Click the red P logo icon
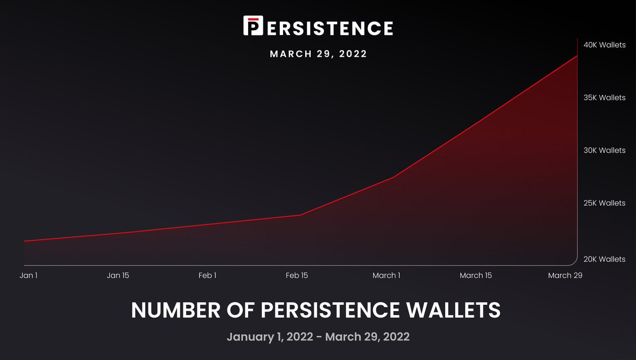click(253, 25)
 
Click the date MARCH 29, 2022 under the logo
click(318, 54)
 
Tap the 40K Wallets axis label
click(604, 45)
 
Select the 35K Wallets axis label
click(604, 98)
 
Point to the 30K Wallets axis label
click(604, 151)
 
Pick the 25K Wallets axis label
click(604, 203)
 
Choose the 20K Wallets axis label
click(604, 259)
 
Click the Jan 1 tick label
click(29, 275)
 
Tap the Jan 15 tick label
click(118, 275)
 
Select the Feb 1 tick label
click(207, 275)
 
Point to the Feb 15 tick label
click(297, 275)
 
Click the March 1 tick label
click(386, 275)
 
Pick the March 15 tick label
click(475, 275)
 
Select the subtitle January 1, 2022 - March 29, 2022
click(318, 336)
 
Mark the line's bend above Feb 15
click(301, 215)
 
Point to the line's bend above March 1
click(393, 177)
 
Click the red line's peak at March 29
click(577, 56)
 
